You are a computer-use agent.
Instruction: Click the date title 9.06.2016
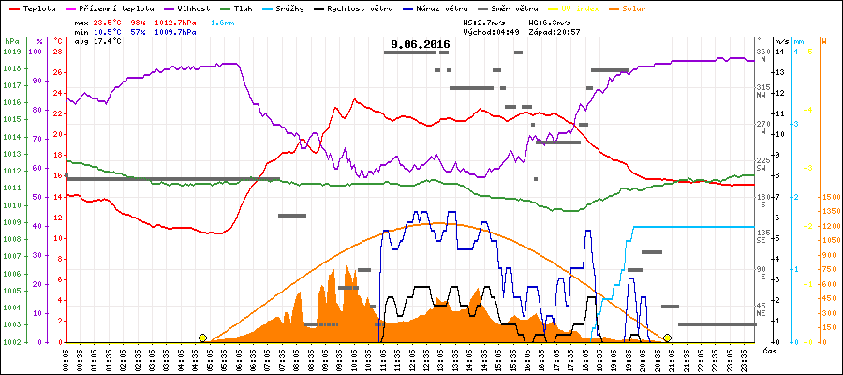pyautogui.click(x=421, y=44)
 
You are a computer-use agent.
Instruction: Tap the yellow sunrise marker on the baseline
pyautogui.click(x=202, y=337)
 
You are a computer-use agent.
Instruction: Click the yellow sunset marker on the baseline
pyautogui.click(x=668, y=337)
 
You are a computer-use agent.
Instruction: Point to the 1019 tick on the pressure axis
pyautogui.click(x=11, y=52)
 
